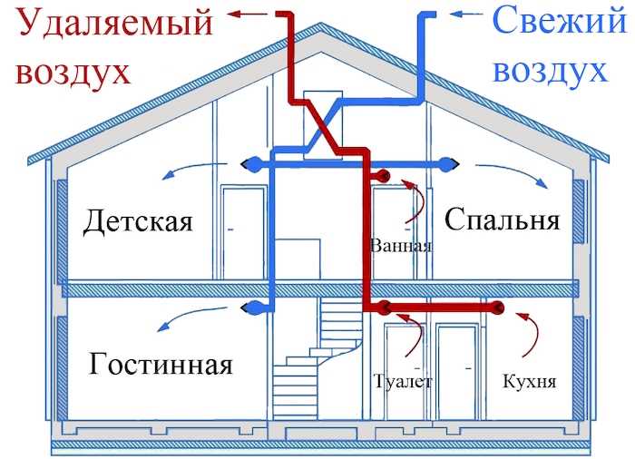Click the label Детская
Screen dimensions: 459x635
[138, 221]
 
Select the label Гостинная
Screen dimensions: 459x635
[161, 365]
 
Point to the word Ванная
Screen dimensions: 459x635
[401, 246]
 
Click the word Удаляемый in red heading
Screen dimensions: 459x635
[115, 22]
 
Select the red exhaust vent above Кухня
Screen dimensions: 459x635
[498, 309]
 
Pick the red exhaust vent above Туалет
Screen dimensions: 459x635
[385, 309]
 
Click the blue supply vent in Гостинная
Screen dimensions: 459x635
[253, 309]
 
